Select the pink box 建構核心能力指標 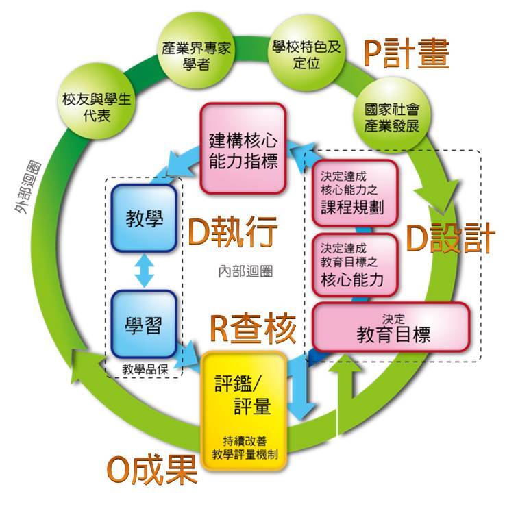pyautogui.click(x=243, y=148)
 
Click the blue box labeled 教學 pyautogui.click(x=143, y=219)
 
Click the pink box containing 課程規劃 pyautogui.click(x=354, y=192)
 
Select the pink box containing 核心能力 pyautogui.click(x=354, y=264)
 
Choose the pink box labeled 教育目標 pyautogui.click(x=391, y=329)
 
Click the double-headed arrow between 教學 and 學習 pyautogui.click(x=143, y=271)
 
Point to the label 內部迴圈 pyautogui.click(x=240, y=271)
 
